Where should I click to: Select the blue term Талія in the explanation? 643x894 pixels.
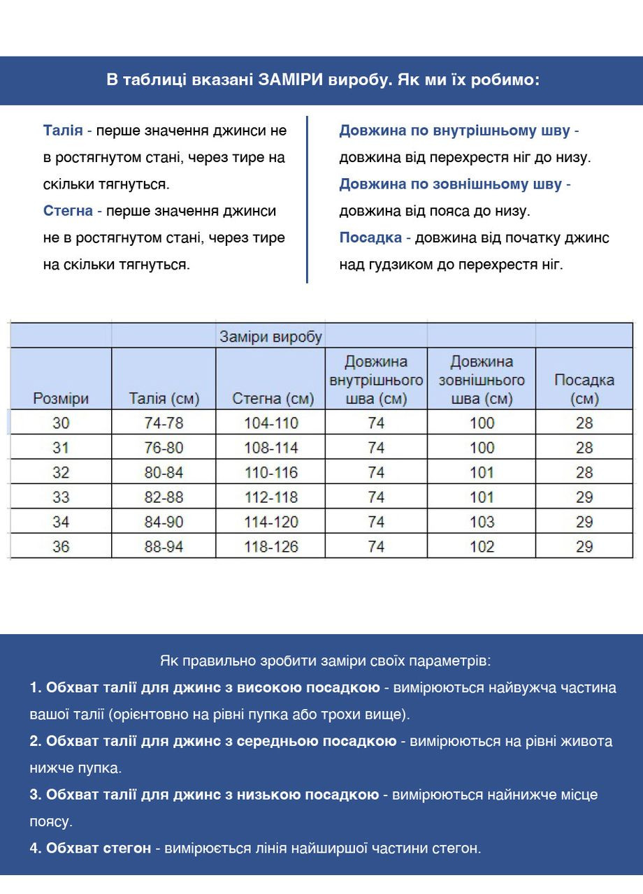[x=63, y=131]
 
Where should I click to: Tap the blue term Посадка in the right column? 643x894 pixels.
[x=370, y=238]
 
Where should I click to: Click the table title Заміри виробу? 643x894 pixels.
[x=270, y=337]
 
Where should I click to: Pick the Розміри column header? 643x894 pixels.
[x=61, y=399]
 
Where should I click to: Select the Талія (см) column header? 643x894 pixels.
[x=164, y=399]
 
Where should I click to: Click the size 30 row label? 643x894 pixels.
[x=61, y=423]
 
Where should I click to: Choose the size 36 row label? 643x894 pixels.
[x=61, y=547]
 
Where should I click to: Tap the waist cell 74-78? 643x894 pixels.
[x=164, y=423]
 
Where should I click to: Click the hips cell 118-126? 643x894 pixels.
[x=271, y=547]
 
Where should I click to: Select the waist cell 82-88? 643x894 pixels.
[x=164, y=497]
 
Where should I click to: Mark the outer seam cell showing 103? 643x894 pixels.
[x=482, y=522]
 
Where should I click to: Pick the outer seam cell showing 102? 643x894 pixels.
[x=482, y=547]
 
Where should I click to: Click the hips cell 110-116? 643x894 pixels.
[x=271, y=473]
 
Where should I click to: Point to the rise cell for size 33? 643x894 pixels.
[x=584, y=497]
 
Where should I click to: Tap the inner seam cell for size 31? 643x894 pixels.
[x=376, y=448]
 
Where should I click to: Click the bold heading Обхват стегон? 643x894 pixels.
[x=98, y=849]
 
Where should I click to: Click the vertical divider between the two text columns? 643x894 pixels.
[x=308, y=199]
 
